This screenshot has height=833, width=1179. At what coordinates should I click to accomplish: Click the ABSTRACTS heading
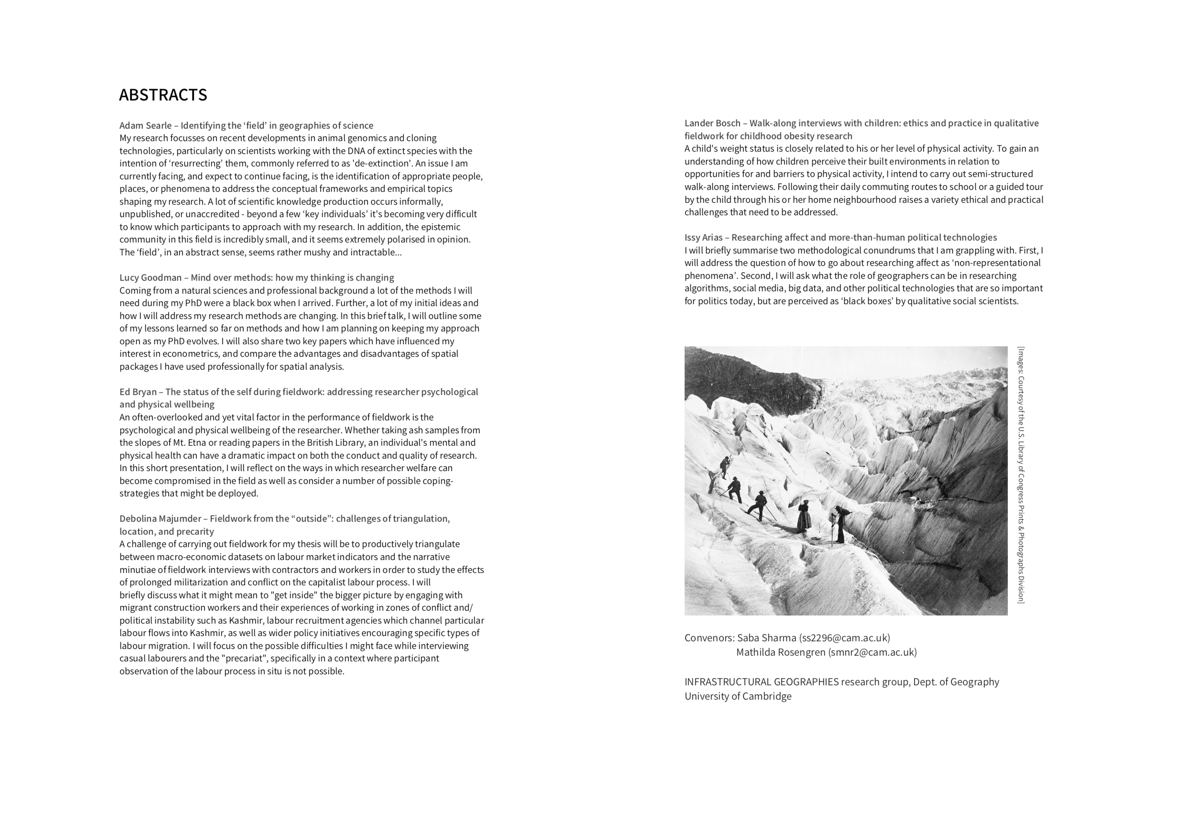[x=163, y=95]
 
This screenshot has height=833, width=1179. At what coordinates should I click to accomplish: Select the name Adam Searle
[x=145, y=126]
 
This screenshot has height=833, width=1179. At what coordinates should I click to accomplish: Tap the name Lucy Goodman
[x=151, y=278]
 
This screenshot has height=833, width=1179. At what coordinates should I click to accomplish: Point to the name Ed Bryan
[x=138, y=392]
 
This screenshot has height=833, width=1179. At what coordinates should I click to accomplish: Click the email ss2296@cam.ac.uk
[x=844, y=638]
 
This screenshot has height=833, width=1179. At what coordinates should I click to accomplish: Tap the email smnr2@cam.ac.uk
[x=872, y=652]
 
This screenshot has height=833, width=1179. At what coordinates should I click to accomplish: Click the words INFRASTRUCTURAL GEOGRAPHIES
[x=761, y=682]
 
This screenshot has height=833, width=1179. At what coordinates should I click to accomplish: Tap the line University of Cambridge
[x=738, y=696]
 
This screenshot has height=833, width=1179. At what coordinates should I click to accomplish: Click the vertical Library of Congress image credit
[x=1021, y=475]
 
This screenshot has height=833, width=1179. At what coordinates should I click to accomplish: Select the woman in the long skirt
[x=804, y=516]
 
